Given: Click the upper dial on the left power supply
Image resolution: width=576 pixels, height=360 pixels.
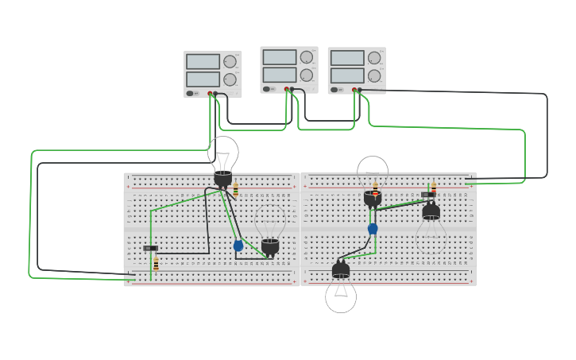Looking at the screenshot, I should (x=230, y=62).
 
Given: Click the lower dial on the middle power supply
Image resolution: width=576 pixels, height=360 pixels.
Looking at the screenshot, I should (x=306, y=75).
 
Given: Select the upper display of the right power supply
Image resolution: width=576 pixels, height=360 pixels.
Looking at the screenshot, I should (x=347, y=58).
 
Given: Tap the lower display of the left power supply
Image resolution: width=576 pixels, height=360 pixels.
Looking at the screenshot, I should (x=203, y=79).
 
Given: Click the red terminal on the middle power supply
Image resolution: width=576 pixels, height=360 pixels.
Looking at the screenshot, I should (x=286, y=89).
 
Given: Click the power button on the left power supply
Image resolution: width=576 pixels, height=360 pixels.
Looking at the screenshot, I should (x=191, y=93).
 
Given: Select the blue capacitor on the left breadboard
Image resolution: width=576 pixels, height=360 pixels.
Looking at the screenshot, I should (x=238, y=246).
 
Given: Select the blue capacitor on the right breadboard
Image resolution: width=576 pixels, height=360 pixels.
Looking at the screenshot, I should (x=373, y=229).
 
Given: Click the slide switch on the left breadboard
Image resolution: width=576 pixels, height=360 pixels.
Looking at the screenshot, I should (x=150, y=248).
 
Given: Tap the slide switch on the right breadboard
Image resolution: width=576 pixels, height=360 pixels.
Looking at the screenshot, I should (x=428, y=194).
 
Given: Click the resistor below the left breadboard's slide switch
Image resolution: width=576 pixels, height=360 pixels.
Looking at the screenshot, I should (x=156, y=263).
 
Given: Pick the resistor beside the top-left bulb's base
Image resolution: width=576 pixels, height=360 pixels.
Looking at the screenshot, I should (x=236, y=190).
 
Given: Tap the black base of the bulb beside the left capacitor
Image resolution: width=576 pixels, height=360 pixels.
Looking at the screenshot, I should (x=270, y=246).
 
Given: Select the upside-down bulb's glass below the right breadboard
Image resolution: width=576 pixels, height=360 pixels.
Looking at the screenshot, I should (x=341, y=296).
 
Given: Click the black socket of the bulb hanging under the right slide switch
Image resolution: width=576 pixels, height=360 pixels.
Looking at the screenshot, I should (x=431, y=211).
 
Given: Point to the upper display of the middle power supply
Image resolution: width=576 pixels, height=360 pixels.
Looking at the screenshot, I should (x=279, y=57).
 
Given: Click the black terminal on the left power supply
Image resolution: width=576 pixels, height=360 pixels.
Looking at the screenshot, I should (x=215, y=94).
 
